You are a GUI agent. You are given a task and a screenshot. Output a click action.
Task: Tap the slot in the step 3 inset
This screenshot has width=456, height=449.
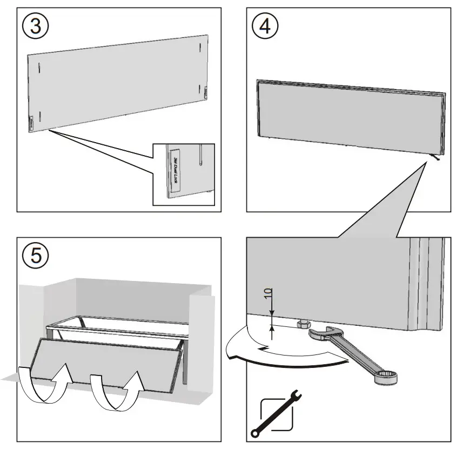pos(200,156)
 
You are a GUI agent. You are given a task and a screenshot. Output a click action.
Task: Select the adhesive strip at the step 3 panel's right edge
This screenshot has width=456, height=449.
pos(206,92)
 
